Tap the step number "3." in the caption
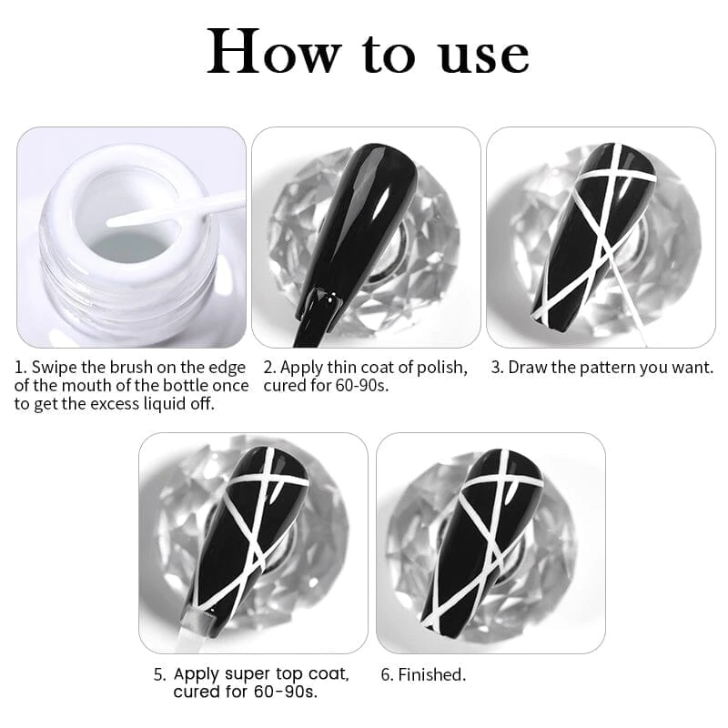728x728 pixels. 498,368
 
